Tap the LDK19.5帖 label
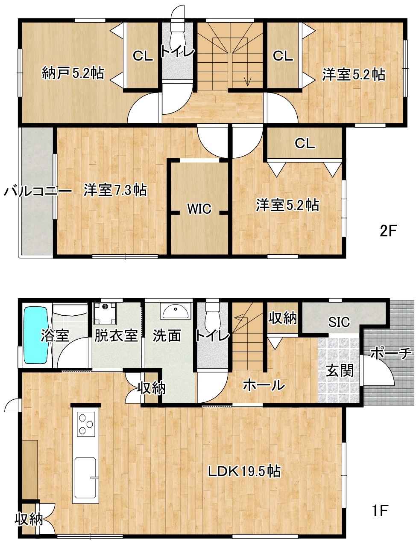(244, 471)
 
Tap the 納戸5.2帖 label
(73, 73)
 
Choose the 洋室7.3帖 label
(115, 190)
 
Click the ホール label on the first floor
(264, 385)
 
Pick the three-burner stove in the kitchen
(86, 424)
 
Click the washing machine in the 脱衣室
(105, 313)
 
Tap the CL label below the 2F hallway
(305, 143)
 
